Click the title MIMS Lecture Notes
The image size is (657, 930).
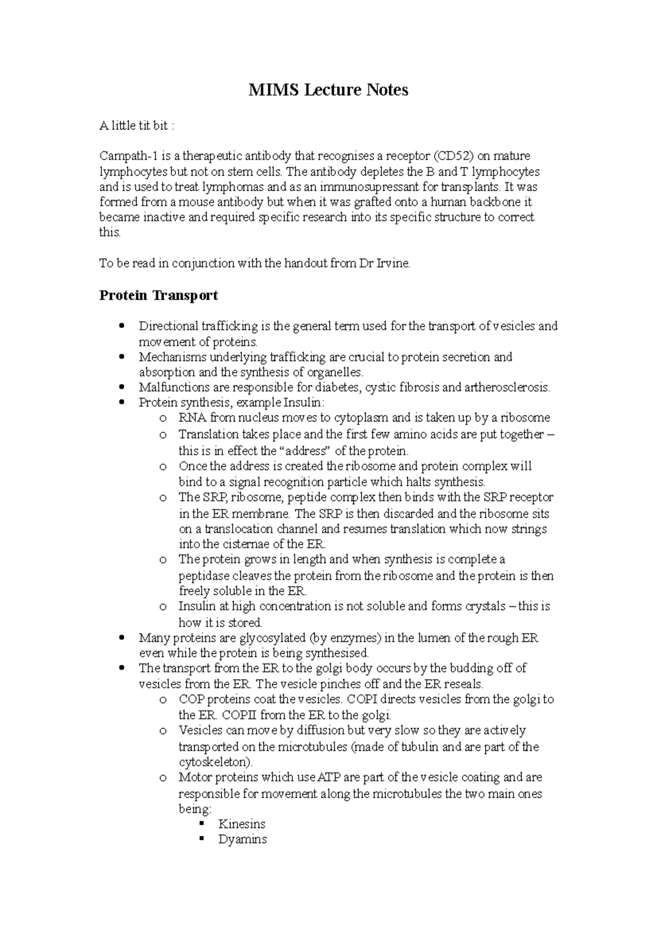point(328,90)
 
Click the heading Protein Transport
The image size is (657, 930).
point(158,296)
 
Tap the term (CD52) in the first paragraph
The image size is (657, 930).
point(452,157)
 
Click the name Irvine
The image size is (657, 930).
point(391,263)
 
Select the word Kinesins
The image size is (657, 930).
point(241,824)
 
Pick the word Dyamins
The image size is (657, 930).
point(242,840)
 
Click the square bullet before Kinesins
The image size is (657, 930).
point(202,824)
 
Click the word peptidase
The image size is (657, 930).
point(204,576)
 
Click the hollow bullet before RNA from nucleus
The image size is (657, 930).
point(163,419)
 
